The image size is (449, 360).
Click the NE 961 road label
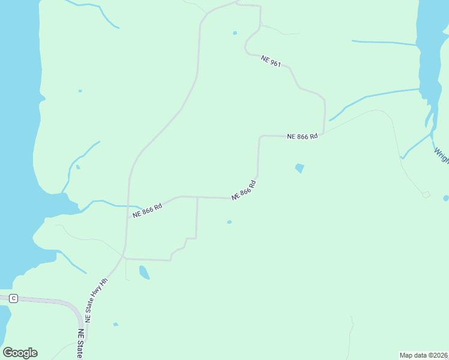pos(271,60)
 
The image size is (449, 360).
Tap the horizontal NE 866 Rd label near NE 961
pos(302,137)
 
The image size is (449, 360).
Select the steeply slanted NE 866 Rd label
pos(244,190)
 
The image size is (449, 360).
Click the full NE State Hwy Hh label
pos(96,300)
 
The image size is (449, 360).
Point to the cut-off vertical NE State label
pos(80,344)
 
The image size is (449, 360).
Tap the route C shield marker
pos(13,298)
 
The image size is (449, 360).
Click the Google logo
pos(20,353)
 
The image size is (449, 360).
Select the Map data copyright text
pos(424,355)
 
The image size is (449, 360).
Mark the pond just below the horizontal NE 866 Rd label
pos(300,168)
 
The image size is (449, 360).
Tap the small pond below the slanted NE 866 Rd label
pos(229,222)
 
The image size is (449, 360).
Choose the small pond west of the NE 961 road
pos(235,33)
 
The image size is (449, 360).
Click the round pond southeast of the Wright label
pos(445,198)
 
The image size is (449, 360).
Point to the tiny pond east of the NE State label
pos(115,325)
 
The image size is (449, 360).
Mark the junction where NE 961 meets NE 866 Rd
pos(324,134)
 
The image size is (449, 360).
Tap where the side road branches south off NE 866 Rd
pos(197,197)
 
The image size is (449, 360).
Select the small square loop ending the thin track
pos(426,194)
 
